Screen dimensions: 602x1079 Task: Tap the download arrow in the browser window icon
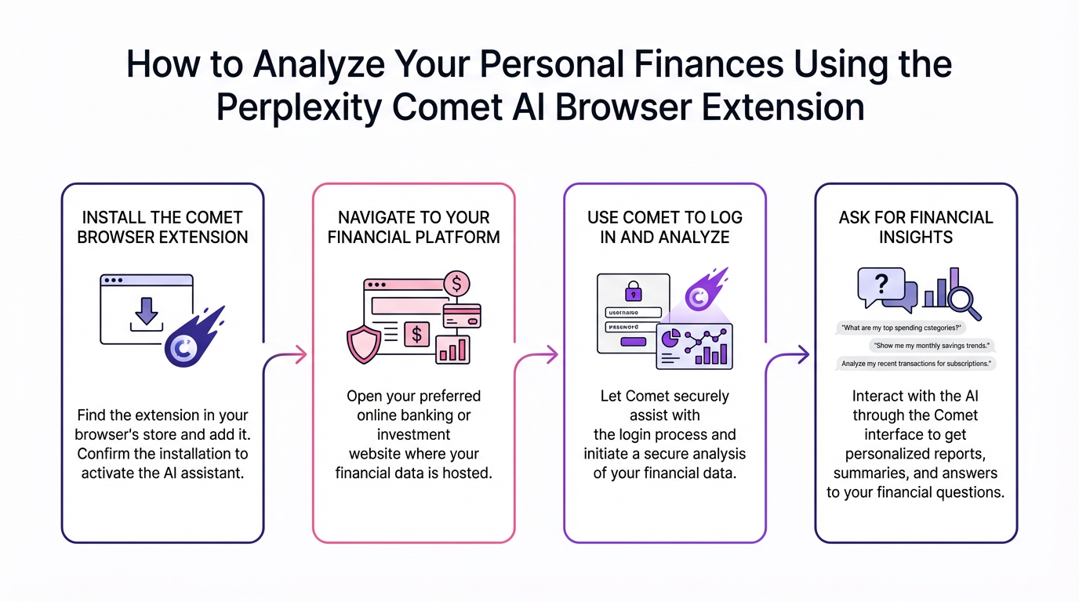[146, 310]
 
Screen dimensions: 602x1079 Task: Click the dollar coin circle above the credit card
[456, 282]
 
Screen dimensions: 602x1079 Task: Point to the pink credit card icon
[462, 315]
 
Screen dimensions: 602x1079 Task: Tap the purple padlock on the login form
[633, 292]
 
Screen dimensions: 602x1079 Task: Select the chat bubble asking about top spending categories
[901, 328]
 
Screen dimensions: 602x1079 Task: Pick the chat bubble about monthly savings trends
[932, 346]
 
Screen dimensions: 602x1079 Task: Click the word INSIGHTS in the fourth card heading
[916, 237]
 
